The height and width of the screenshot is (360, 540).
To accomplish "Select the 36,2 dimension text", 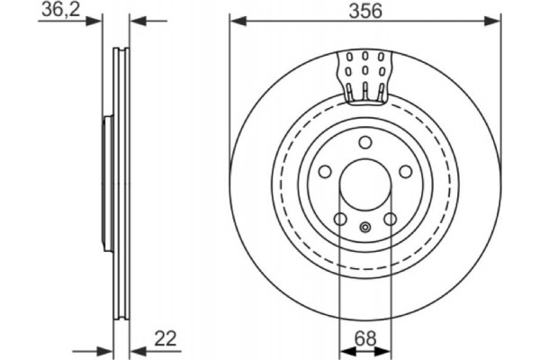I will [59, 11].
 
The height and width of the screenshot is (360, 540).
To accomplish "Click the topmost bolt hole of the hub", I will [364, 144].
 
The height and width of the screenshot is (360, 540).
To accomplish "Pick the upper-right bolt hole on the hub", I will [405, 173].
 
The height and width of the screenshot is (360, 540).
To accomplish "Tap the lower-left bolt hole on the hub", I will [339, 220].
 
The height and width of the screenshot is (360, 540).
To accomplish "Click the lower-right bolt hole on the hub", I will [390, 220].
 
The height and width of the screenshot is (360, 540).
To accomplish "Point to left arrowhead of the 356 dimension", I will [236, 19].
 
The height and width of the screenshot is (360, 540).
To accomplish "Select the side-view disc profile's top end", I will [121, 50].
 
